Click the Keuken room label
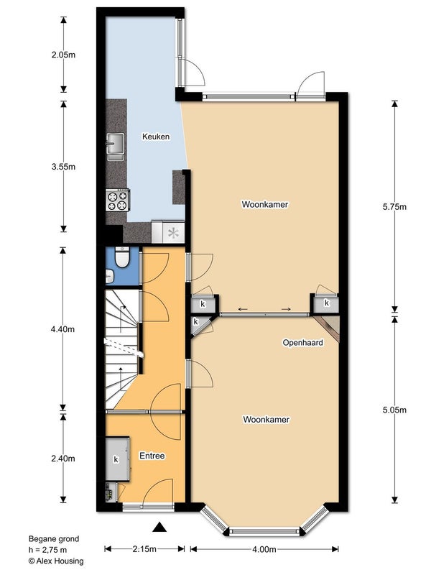click(156, 137)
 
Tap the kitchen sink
click(116, 147)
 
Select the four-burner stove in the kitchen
click(118, 200)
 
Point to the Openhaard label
click(302, 343)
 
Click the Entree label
click(152, 456)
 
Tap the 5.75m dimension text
click(394, 207)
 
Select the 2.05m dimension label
click(63, 55)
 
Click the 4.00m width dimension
click(264, 549)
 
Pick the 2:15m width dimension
click(144, 549)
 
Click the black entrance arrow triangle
click(159, 527)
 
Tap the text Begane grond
click(54, 538)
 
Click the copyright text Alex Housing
click(56, 561)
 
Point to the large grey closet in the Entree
click(117, 459)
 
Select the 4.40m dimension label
click(62, 329)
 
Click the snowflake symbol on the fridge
click(173, 232)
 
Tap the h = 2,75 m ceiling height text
click(47, 550)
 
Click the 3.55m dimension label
click(63, 167)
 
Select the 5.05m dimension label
click(394, 410)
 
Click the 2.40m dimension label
click(63, 459)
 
